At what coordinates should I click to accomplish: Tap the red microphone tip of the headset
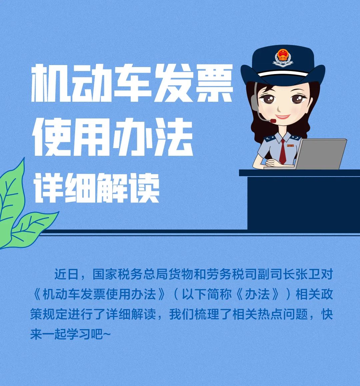[273, 121]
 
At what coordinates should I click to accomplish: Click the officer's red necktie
[283, 151]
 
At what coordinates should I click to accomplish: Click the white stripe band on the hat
[283, 73]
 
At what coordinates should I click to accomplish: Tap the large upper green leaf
[12, 195]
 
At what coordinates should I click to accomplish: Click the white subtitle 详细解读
[97, 187]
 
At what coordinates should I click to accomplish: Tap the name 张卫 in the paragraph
[308, 274]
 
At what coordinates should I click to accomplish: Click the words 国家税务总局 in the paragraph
[124, 274]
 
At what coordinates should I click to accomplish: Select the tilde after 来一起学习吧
[107, 334]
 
